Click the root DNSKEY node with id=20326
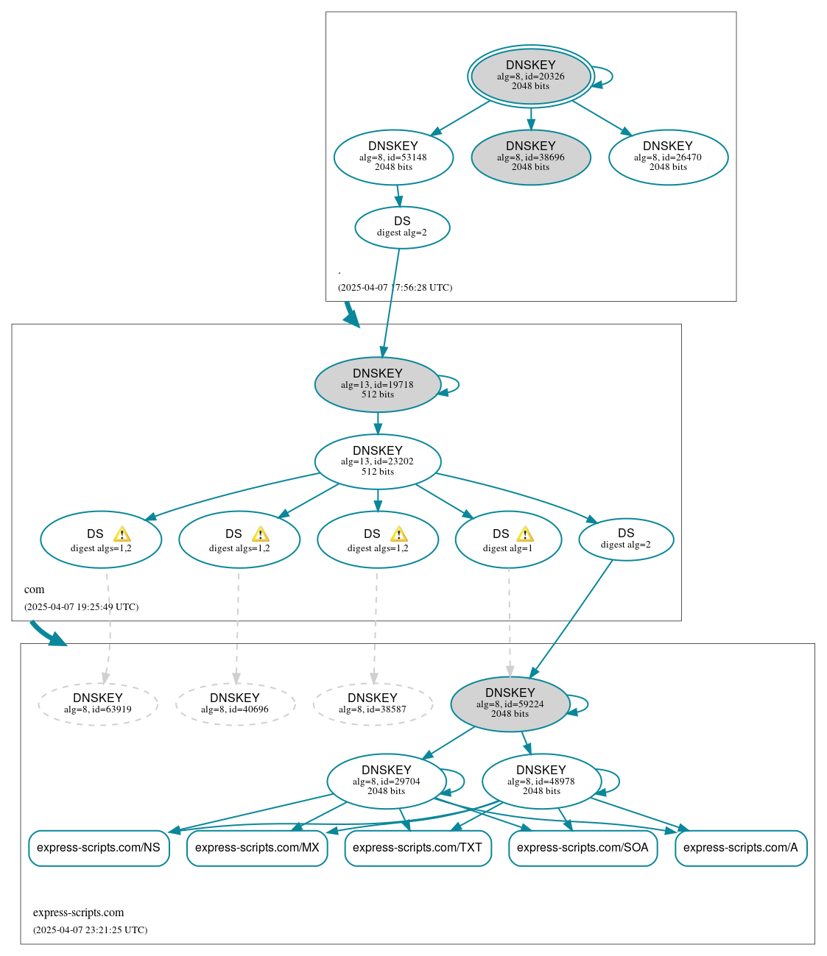[x=530, y=76]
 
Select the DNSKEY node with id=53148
[x=393, y=157]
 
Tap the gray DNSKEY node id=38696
[x=530, y=157]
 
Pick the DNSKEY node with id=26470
[x=668, y=157]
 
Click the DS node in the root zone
[x=402, y=227]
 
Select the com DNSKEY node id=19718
[x=378, y=384]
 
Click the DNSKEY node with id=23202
[x=378, y=461]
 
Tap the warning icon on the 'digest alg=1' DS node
[x=524, y=534]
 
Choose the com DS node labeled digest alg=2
[x=626, y=539]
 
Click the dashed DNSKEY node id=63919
[x=98, y=704]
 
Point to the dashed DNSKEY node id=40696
[x=235, y=704]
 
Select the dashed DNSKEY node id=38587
[x=373, y=704]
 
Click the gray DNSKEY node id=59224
[x=510, y=704]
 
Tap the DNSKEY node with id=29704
[x=387, y=781]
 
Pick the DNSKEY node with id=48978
[x=541, y=781]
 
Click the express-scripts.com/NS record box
[x=99, y=848]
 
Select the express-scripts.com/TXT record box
[x=418, y=848]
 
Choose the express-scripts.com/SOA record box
[x=583, y=848]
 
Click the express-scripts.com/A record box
[x=741, y=848]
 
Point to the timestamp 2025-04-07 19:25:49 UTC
[x=82, y=607]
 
